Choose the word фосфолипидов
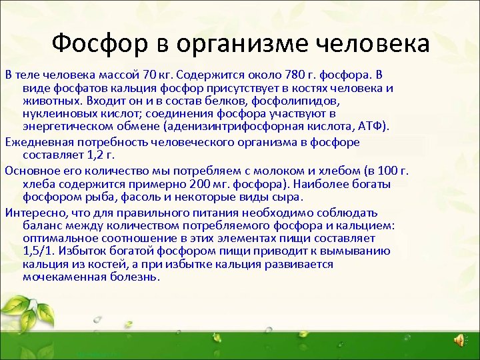coord(302,101)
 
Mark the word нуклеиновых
coord(55,113)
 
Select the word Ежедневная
coord(36,142)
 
